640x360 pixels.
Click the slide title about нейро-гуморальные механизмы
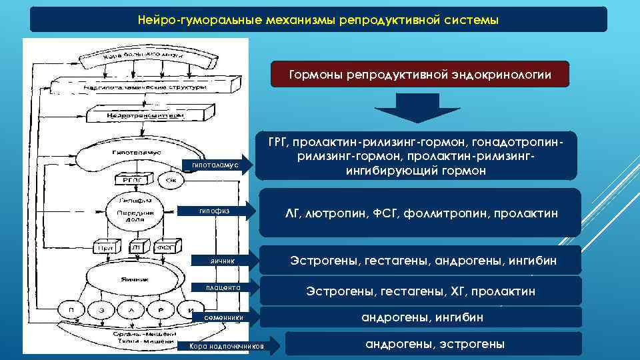pyautogui.click(x=318, y=20)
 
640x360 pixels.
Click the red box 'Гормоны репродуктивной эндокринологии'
pyautogui.click(x=420, y=75)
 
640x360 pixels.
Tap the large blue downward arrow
pyautogui.click(x=417, y=107)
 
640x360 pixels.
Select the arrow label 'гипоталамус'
pyautogui.click(x=215, y=165)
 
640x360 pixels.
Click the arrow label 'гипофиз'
pyautogui.click(x=215, y=211)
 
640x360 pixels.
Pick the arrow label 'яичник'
pyautogui.click(x=219, y=261)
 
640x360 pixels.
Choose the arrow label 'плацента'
pyautogui.click(x=219, y=288)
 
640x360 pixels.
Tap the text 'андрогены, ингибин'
pyautogui.click(x=422, y=318)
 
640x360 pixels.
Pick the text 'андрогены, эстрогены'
pyautogui.click(x=435, y=345)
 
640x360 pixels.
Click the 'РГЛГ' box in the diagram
pyautogui.click(x=127, y=179)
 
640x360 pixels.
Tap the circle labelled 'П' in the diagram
pyautogui.click(x=69, y=310)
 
